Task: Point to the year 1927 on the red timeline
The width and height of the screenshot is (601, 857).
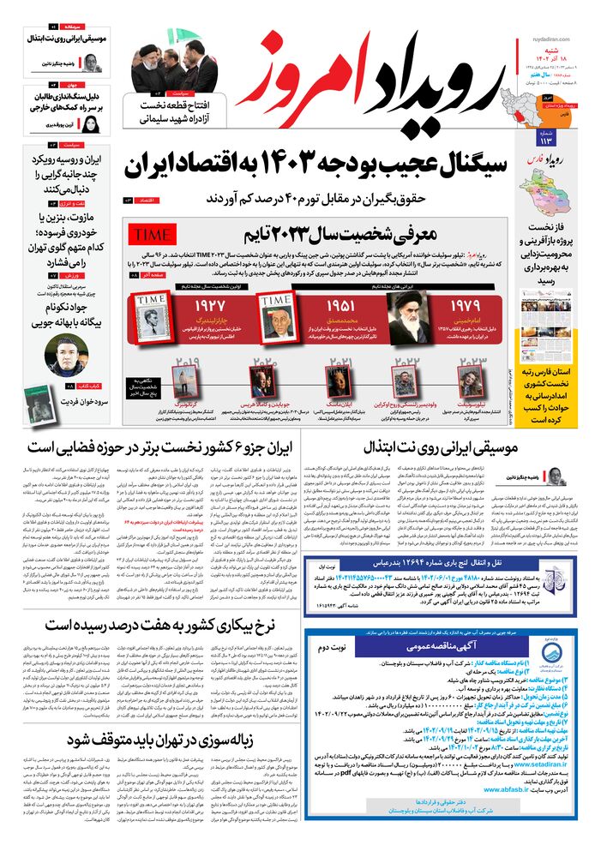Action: click(x=209, y=306)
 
